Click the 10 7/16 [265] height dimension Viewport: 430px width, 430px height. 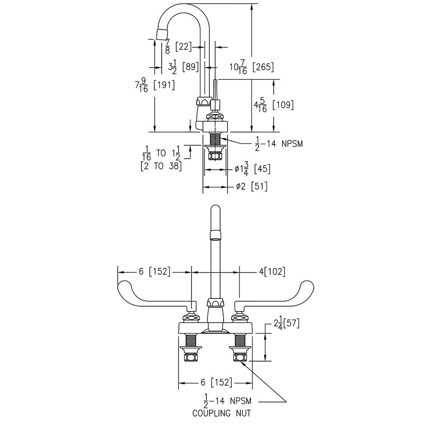[251, 68]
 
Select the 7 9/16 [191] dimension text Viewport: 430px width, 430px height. [155, 85]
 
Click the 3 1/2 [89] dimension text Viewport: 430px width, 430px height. [183, 67]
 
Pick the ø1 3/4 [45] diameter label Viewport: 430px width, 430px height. [252, 169]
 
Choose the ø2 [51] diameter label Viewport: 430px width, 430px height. [252, 187]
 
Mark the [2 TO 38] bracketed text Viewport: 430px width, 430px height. [161, 166]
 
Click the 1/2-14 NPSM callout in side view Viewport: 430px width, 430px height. [279, 143]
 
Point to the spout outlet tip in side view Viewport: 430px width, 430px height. [162, 34]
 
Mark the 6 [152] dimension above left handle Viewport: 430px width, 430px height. [154, 272]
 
